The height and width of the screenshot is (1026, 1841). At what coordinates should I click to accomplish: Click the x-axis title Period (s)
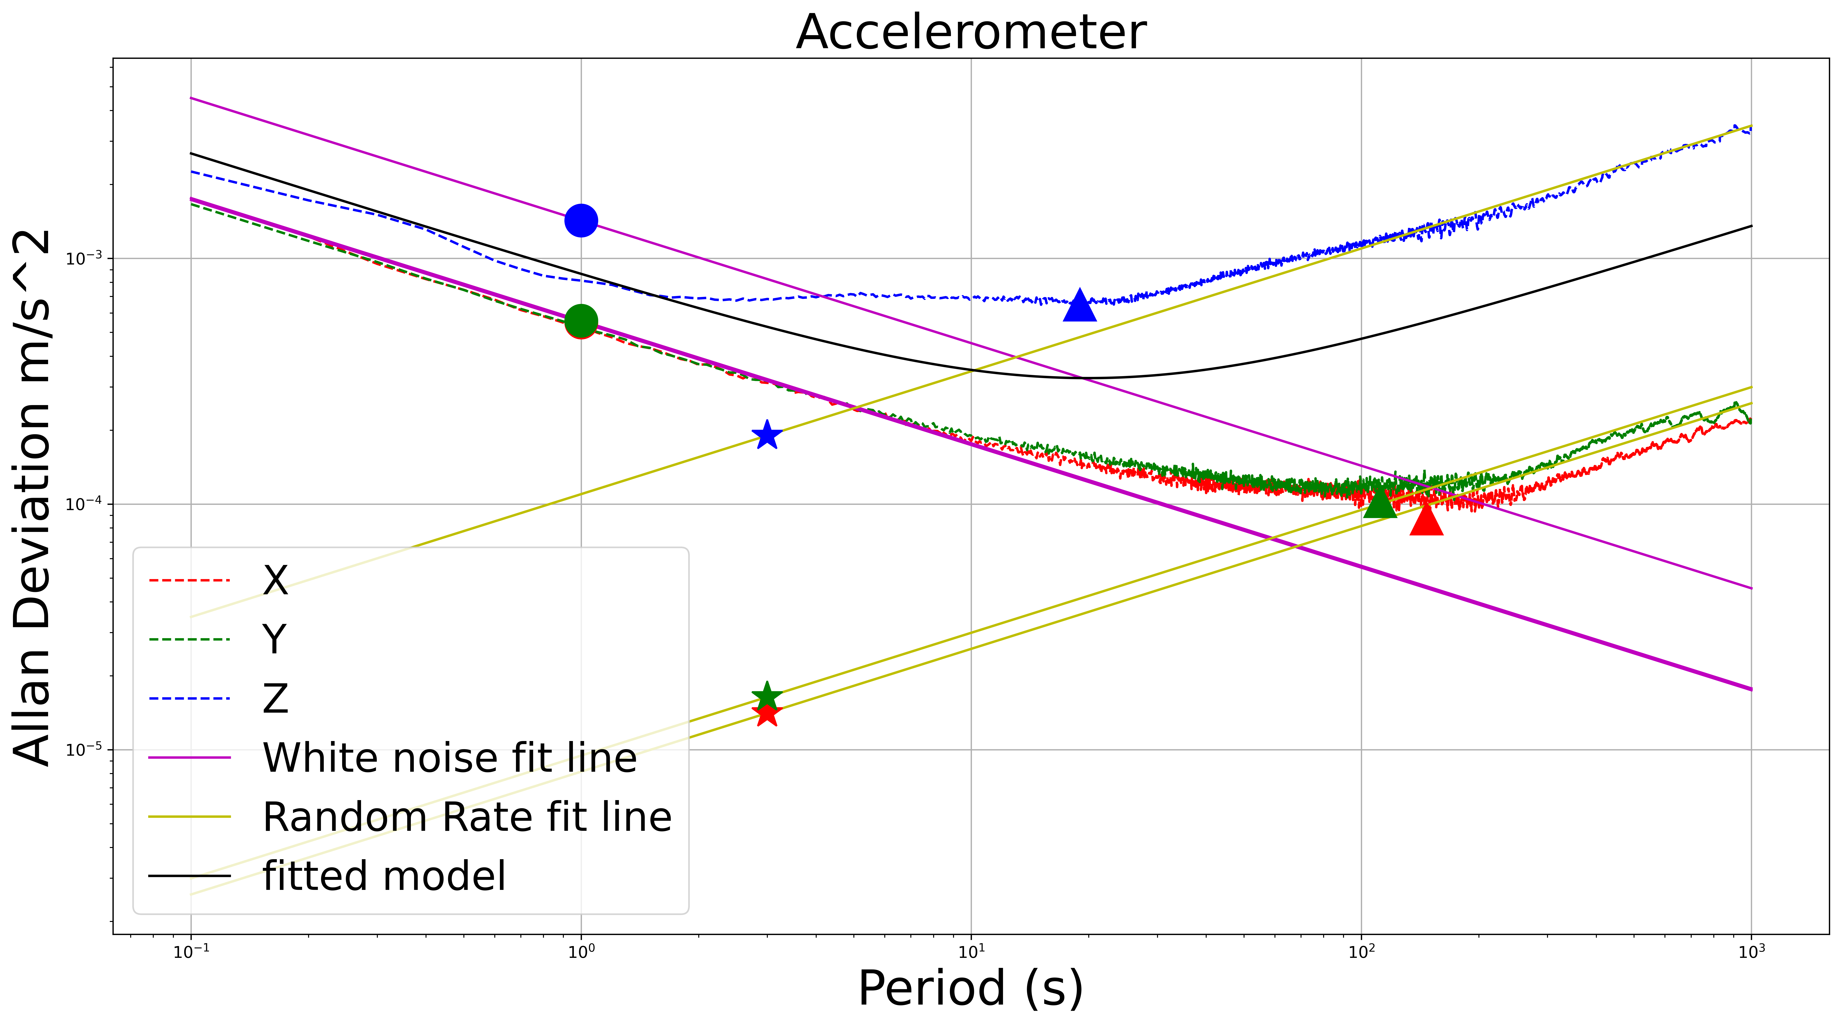click(970, 989)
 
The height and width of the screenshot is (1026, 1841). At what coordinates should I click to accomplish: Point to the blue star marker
click(767, 435)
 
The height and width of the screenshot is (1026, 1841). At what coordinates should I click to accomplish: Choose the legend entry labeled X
click(275, 580)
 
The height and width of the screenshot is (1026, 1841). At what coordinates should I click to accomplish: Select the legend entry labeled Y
click(275, 639)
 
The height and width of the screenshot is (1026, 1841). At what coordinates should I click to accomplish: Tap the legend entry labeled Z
click(275, 699)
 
